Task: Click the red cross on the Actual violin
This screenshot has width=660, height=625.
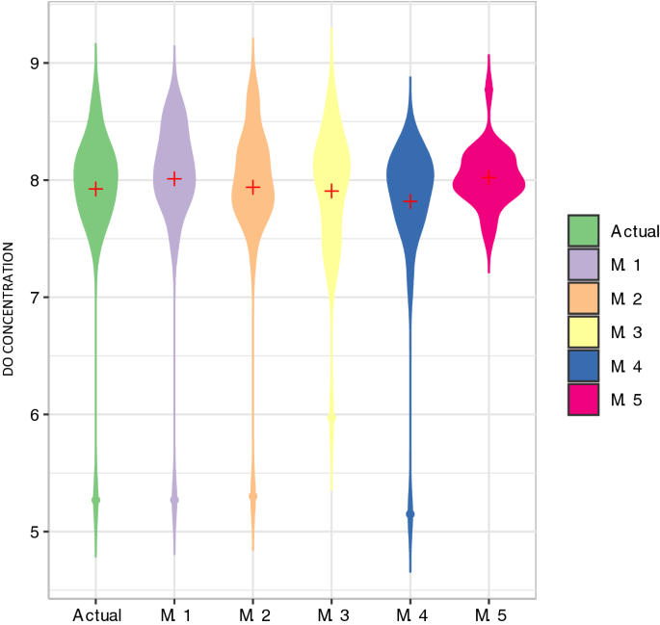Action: click(95, 189)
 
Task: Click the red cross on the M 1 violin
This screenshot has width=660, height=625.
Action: click(174, 178)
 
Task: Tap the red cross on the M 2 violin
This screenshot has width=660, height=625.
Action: click(253, 187)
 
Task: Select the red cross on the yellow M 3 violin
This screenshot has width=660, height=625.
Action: click(332, 191)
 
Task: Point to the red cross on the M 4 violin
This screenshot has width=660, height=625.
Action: click(410, 200)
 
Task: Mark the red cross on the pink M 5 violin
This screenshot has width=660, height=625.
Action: click(488, 176)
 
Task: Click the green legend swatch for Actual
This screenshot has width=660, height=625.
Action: click(584, 231)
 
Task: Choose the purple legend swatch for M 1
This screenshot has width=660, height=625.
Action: click(584, 265)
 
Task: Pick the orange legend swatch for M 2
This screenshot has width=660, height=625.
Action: click(584, 299)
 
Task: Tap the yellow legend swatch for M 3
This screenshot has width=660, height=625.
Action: click(584, 332)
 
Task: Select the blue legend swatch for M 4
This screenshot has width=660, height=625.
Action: click(584, 366)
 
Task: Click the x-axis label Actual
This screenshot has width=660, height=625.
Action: click(95, 613)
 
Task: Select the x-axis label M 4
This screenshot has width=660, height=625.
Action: click(410, 613)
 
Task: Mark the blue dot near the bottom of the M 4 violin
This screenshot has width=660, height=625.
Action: click(410, 514)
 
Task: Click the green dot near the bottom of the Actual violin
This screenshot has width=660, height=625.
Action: click(95, 500)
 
